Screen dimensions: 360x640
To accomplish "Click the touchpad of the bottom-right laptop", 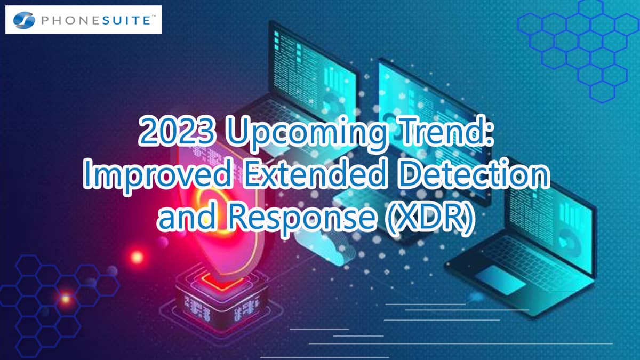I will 501,280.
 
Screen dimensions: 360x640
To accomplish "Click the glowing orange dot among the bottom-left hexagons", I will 65,299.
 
